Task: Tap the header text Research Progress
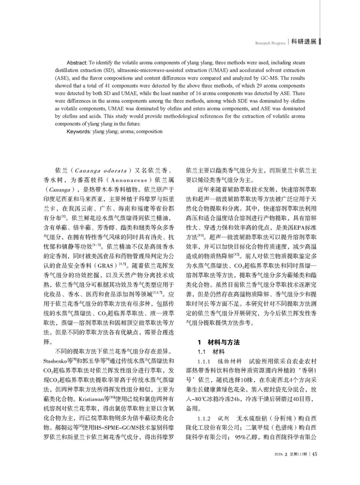(x=269, y=43)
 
